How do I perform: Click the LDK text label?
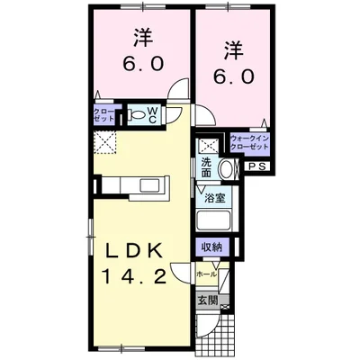(139, 250)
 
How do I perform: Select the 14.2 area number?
(139, 278)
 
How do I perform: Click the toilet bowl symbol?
(136, 116)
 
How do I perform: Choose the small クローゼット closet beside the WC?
(103, 115)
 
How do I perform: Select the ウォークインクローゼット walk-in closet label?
(249, 143)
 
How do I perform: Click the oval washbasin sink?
(225, 166)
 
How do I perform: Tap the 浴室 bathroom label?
(214, 197)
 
